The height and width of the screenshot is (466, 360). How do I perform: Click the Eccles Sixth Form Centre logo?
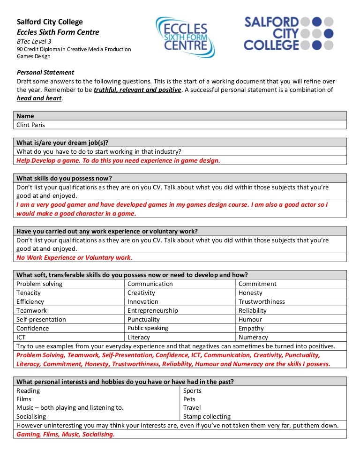click(x=185, y=37)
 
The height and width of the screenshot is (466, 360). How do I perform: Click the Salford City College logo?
click(x=288, y=33)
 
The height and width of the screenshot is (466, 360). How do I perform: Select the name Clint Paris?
click(x=31, y=125)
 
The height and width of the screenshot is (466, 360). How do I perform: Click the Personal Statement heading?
click(x=45, y=72)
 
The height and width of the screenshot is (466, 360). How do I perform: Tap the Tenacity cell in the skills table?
click(x=29, y=293)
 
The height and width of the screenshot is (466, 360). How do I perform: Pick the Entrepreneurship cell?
click(x=152, y=310)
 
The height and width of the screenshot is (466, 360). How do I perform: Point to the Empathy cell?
click(x=251, y=328)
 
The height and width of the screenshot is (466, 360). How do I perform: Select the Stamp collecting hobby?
click(x=207, y=416)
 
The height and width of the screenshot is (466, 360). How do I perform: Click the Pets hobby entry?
click(x=190, y=399)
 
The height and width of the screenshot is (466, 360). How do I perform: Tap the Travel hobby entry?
click(x=192, y=407)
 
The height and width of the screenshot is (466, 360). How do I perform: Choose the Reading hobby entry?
click(x=28, y=391)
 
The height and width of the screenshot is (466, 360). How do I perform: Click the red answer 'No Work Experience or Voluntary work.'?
click(x=75, y=257)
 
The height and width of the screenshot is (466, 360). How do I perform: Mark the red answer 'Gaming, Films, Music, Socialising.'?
click(x=66, y=434)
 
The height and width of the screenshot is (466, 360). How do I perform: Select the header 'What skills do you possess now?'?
click(x=64, y=178)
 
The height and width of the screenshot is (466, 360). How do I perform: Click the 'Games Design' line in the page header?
click(x=33, y=56)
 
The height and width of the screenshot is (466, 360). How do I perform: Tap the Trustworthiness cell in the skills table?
click(x=262, y=301)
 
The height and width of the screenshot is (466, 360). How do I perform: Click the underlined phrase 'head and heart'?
click(x=39, y=98)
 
